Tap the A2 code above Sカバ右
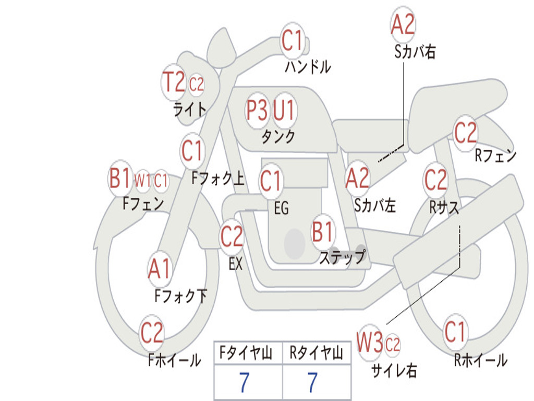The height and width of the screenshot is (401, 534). click(403, 25)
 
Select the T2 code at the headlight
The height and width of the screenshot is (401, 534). click(174, 82)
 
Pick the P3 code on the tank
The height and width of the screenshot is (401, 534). click(257, 111)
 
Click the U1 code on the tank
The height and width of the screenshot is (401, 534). click(284, 111)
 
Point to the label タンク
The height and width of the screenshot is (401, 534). click(278, 137)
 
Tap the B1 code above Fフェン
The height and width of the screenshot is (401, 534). click(120, 179)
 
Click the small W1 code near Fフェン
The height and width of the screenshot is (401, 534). click(143, 181)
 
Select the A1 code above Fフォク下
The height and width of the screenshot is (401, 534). click(159, 269)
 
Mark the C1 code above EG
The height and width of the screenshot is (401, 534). click(271, 181)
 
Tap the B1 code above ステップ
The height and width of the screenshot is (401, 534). click(323, 232)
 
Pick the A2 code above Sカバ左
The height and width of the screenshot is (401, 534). click(357, 178)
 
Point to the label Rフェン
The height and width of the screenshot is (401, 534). click(495, 155)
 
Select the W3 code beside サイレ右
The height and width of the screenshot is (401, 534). click(370, 343)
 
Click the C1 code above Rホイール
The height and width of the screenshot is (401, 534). click(455, 331)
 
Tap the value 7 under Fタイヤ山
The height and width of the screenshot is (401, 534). click(244, 383)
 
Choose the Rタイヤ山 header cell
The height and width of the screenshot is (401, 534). click(317, 354)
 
